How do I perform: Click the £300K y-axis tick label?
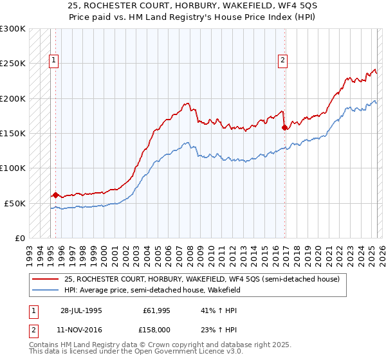coord(13,29)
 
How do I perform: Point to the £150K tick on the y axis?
coord(13,134)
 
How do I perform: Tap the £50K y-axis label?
coord(15,203)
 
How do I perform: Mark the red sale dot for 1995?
coord(55,195)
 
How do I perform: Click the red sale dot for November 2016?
coord(284,127)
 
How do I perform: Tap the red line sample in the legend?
coord(46,279)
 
